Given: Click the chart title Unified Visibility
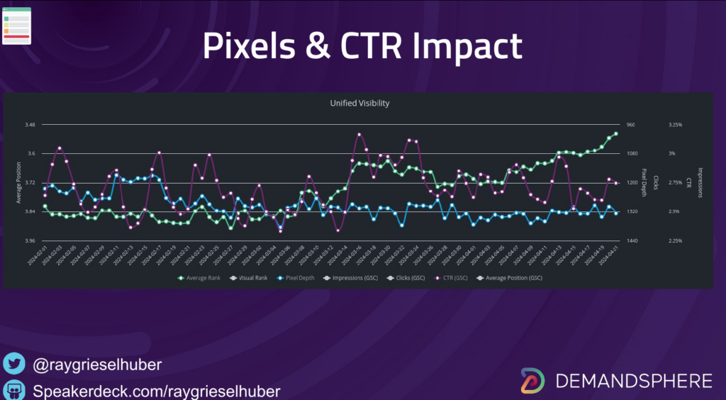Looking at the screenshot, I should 359,103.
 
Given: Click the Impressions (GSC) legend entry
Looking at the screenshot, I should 352,277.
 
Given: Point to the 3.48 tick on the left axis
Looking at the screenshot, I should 30,125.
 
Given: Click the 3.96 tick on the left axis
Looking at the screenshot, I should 30,241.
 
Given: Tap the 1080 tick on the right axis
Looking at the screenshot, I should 631,154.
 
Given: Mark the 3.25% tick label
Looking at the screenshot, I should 675,125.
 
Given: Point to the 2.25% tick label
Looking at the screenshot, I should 675,241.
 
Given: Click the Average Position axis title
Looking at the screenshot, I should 18,183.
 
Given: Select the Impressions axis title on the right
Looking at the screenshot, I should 700,183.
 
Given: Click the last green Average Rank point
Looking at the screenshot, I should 616,133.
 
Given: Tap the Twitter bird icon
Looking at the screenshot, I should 13,365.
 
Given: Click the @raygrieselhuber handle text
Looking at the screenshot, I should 97,365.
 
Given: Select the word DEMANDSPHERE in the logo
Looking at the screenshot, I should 634,381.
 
